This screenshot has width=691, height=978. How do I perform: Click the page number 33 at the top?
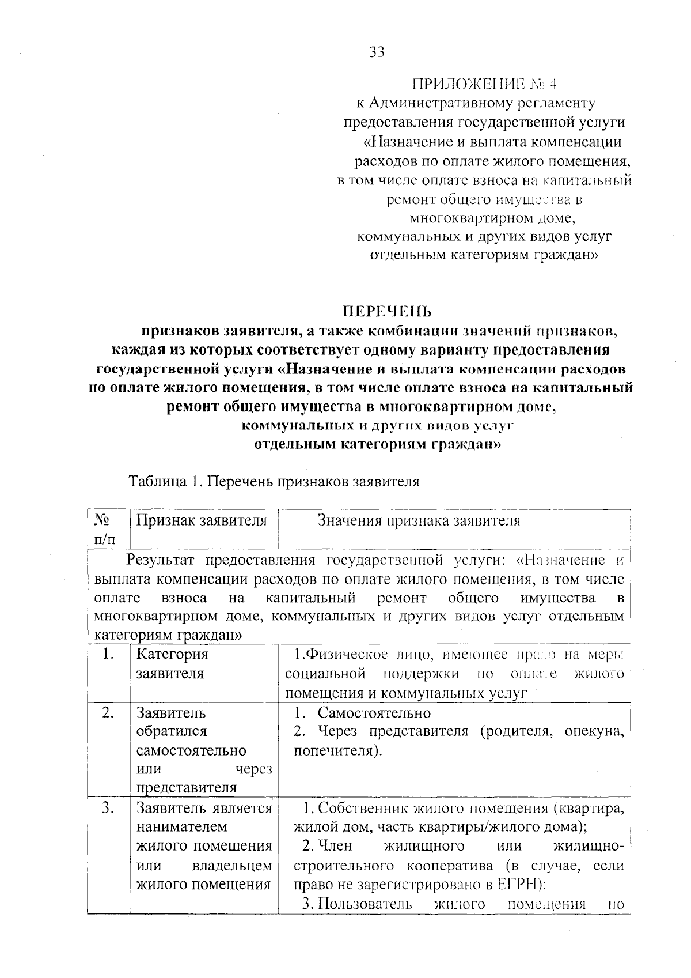click(376, 52)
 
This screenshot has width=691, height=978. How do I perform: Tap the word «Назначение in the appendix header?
click(409, 142)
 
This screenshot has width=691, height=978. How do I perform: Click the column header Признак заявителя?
click(202, 521)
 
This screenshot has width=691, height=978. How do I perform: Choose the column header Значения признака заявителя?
click(419, 521)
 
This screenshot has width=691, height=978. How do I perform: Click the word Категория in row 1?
click(172, 655)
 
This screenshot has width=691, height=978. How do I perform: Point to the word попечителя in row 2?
click(335, 752)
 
